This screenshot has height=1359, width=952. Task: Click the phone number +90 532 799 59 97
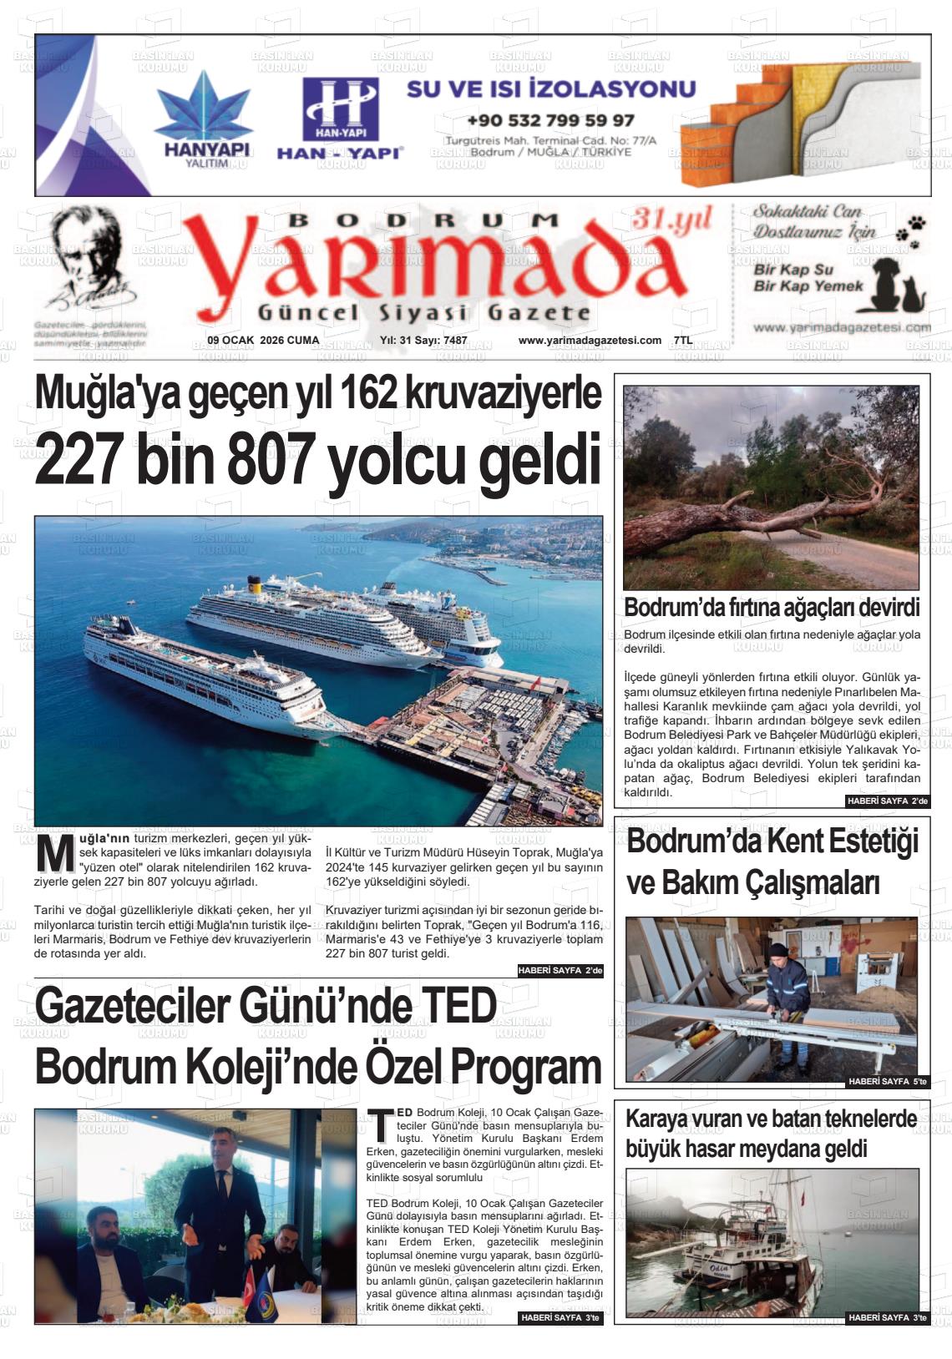[550, 120]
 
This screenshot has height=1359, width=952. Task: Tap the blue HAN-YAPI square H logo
[340, 109]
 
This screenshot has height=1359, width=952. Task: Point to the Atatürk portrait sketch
[89, 260]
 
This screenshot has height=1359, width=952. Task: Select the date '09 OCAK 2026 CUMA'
[263, 341]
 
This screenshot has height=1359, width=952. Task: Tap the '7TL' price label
[683, 341]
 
